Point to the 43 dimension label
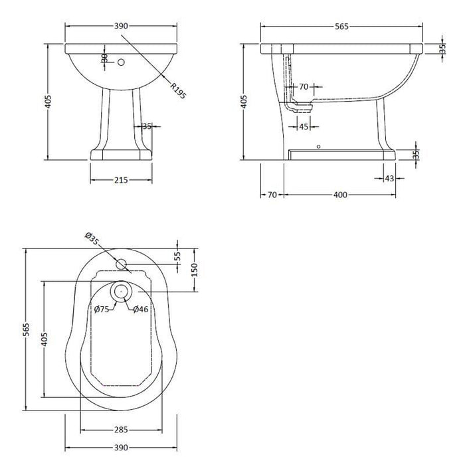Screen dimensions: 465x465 (x=389, y=178)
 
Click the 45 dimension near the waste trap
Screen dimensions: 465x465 (x=303, y=126)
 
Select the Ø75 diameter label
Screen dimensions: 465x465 (x=102, y=309)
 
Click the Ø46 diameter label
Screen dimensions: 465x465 (x=140, y=309)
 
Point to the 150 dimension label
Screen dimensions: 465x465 (x=194, y=271)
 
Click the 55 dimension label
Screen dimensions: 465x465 (x=177, y=256)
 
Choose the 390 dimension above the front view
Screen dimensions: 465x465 (x=121, y=26)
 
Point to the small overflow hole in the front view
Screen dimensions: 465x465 (x=121, y=63)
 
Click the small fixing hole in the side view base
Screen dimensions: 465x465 (x=318, y=145)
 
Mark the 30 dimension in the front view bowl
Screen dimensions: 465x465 (x=104, y=59)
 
